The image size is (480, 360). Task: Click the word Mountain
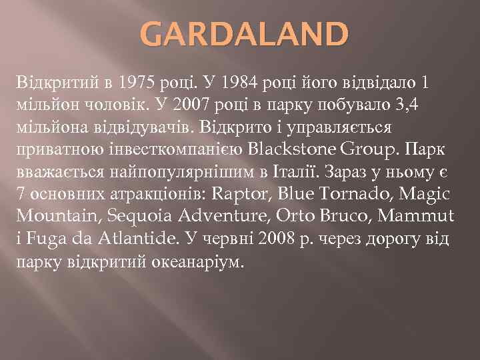pos(51,215)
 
